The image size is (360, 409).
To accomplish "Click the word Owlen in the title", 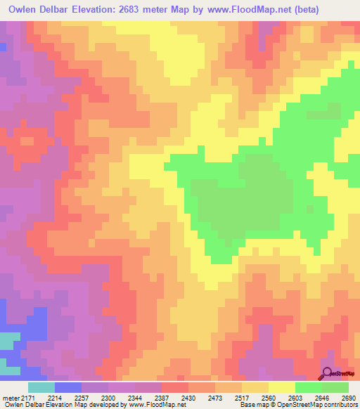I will pyautogui.click(x=25, y=10).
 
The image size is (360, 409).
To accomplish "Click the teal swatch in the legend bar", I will pyautogui.click(x=41, y=387).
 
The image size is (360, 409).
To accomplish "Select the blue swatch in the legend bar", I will pyautogui.click(x=68, y=387).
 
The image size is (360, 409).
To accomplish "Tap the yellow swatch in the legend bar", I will pyautogui.click(x=282, y=387).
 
